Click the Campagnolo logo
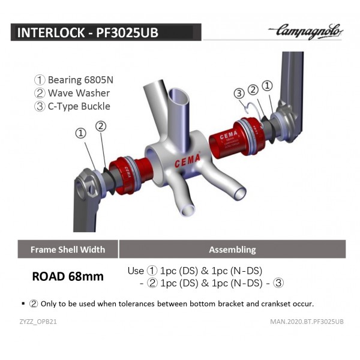305,31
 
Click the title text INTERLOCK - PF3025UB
88,32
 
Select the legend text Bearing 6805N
80,80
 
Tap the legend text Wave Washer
79,93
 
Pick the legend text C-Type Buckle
79,106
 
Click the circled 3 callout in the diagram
239,94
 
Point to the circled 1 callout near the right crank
267,86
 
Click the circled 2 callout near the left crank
101,126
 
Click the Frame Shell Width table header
68,250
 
